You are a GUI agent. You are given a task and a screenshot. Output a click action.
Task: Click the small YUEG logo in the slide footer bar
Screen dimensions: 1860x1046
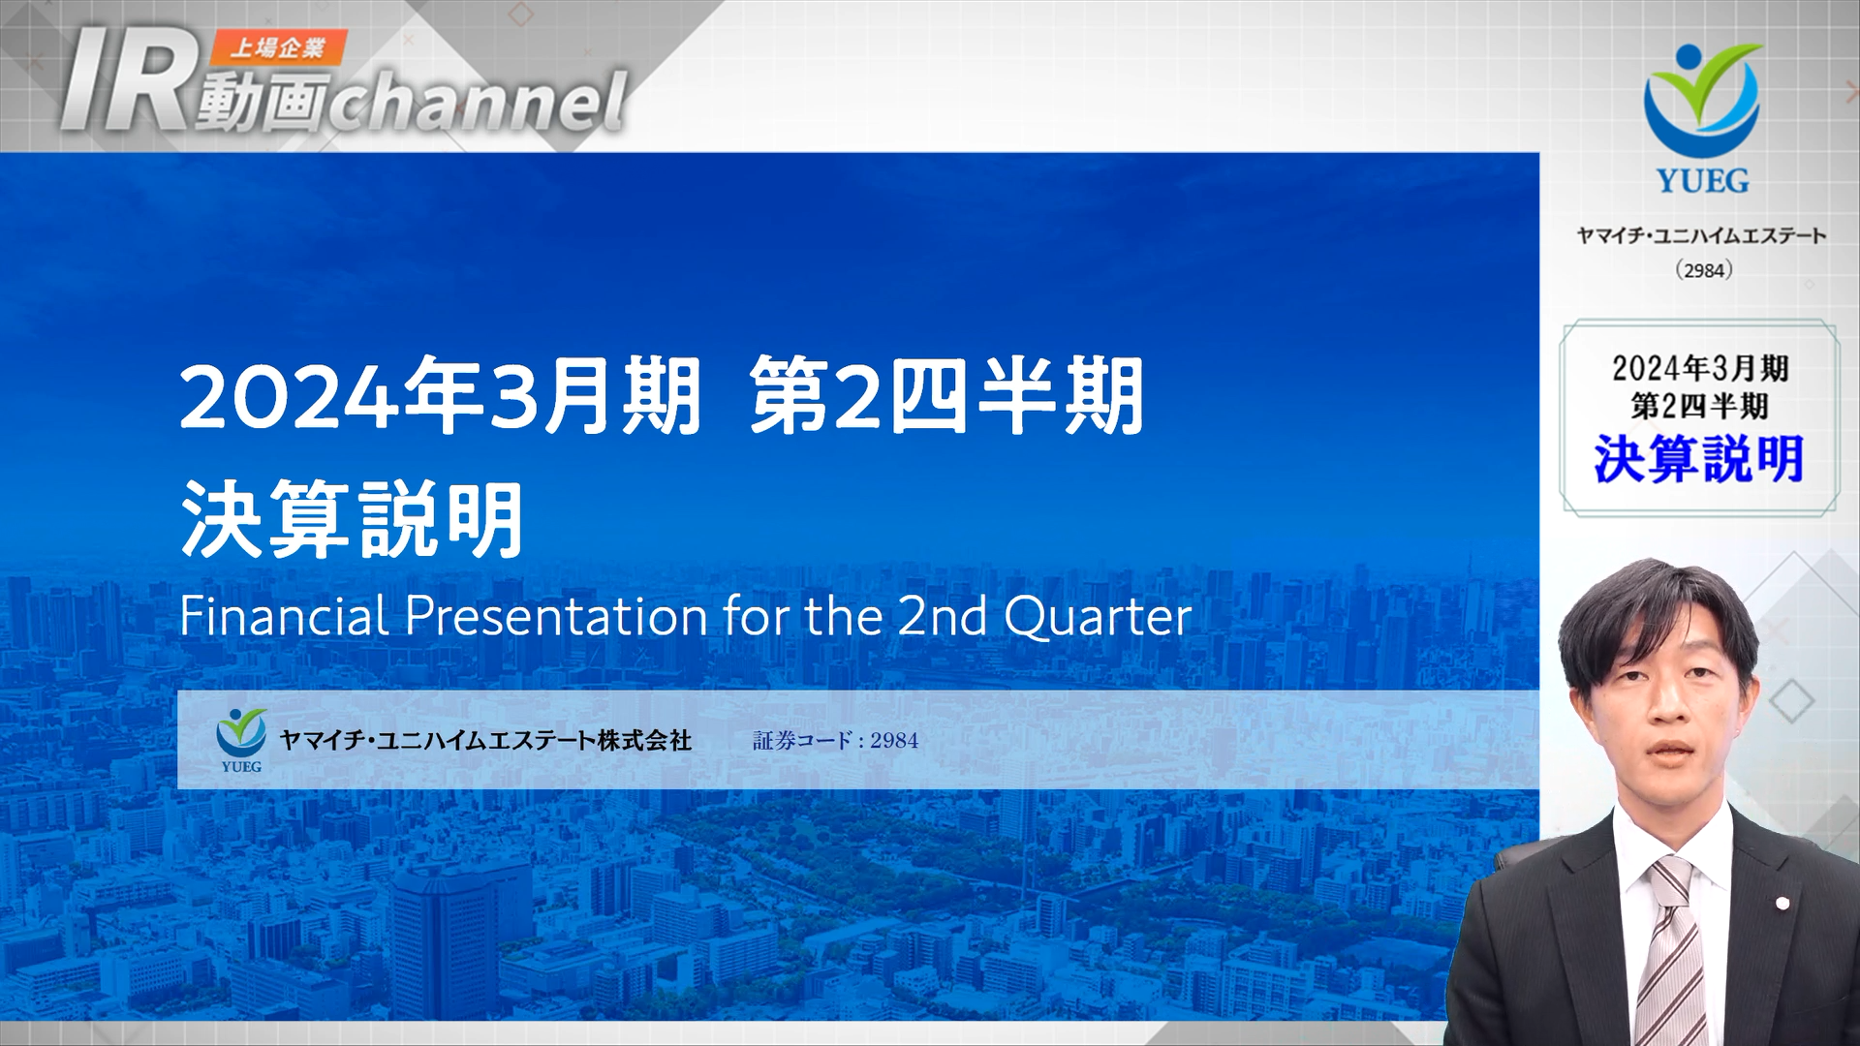click(x=241, y=740)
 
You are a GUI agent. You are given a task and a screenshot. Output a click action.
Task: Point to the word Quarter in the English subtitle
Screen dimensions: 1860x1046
click(x=1098, y=617)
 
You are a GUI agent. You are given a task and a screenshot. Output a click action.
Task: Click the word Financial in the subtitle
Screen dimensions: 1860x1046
click(x=284, y=616)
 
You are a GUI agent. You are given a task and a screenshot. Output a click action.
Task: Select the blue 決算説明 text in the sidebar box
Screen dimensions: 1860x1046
click(x=1699, y=459)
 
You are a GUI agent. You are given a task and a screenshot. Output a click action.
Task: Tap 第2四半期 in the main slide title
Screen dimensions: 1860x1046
click(x=947, y=396)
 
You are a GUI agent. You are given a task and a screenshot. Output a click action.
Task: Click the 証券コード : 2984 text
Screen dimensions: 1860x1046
click(x=835, y=741)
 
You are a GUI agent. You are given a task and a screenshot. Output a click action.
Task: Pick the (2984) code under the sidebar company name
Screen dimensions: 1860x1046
click(x=1703, y=270)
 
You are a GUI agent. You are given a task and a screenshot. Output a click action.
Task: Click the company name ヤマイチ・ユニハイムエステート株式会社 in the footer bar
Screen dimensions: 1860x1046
click(x=485, y=741)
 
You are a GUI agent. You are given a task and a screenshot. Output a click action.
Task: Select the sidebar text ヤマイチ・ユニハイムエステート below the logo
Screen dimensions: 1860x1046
click(x=1702, y=235)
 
